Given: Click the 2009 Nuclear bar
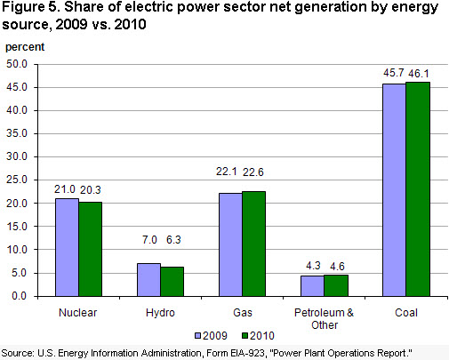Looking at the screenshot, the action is pyautogui.click(x=67, y=247).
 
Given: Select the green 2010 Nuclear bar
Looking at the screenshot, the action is pyautogui.click(x=91, y=249).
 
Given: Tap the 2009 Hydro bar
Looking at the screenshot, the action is pyautogui.click(x=148, y=280).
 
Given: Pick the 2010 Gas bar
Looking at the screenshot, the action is pyautogui.click(x=254, y=244).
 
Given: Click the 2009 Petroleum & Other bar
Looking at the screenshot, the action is pyautogui.click(x=312, y=286).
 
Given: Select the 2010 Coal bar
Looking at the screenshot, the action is pyautogui.click(x=418, y=189).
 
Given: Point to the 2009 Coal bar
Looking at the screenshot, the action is pyautogui.click(x=394, y=190).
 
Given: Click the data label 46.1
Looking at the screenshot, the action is pyautogui.click(x=419, y=74).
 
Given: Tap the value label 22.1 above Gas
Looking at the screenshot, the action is pyautogui.click(x=226, y=172).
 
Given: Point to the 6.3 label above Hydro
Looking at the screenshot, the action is pyautogui.click(x=173, y=239).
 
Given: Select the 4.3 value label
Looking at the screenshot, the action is pyautogui.click(x=313, y=266).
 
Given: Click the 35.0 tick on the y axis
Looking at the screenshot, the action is pyautogui.click(x=17, y=133).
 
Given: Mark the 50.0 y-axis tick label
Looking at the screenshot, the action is pyautogui.click(x=17, y=64).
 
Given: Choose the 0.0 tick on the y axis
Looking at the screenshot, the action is pyautogui.click(x=20, y=296).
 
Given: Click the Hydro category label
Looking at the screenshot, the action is pyautogui.click(x=160, y=313).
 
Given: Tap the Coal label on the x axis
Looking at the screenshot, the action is pyautogui.click(x=406, y=313).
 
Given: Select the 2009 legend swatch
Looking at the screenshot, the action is pyautogui.click(x=198, y=336).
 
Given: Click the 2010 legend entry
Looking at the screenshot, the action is pyautogui.click(x=258, y=336).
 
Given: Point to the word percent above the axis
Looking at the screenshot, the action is pyautogui.click(x=25, y=47).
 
